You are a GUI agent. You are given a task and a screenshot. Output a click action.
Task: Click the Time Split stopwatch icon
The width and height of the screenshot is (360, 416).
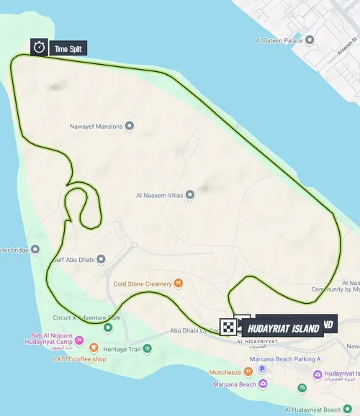click(39, 48)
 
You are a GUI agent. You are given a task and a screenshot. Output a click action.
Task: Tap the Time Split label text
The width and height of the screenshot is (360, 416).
click(69, 48)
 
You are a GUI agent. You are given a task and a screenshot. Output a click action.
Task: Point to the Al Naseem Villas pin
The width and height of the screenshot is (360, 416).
click(190, 194)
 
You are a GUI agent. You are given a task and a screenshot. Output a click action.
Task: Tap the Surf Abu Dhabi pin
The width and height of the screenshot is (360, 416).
click(102, 259)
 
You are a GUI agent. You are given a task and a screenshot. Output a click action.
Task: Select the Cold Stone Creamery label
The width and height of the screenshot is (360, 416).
click(143, 284)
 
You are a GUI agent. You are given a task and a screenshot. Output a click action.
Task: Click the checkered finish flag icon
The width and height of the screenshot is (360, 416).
click(228, 327)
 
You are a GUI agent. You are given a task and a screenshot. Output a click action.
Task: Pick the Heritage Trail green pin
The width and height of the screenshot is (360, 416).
click(147, 349)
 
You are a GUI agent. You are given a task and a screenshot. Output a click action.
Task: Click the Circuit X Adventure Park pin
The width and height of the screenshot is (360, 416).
click(108, 327)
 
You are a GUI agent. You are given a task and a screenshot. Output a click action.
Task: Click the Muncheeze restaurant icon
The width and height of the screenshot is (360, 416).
click(248, 372)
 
